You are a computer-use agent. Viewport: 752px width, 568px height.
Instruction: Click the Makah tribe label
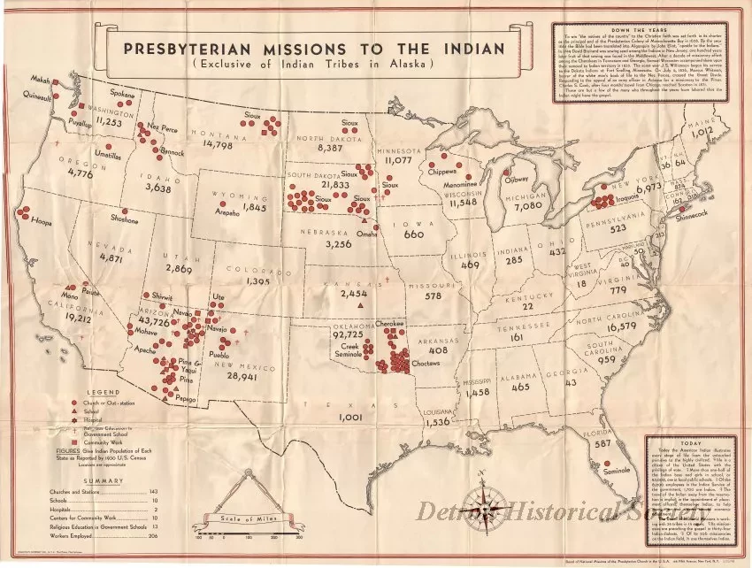(x=39, y=81)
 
